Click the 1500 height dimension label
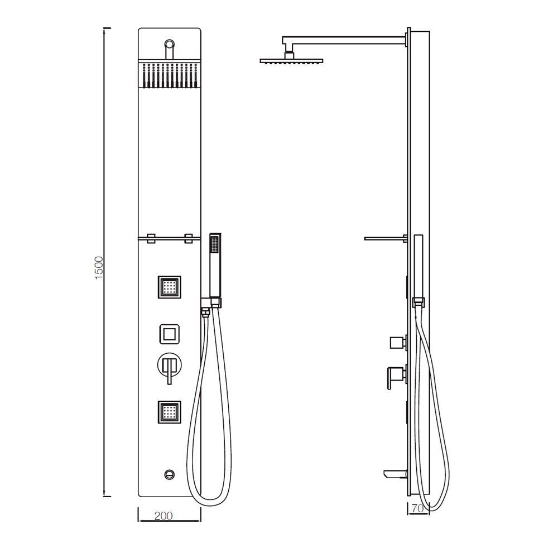click(99, 268)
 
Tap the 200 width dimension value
click(163, 516)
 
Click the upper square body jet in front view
click(170, 287)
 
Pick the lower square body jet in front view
click(170, 412)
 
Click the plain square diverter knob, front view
click(170, 334)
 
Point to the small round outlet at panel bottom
click(169, 474)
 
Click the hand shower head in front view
click(215, 265)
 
